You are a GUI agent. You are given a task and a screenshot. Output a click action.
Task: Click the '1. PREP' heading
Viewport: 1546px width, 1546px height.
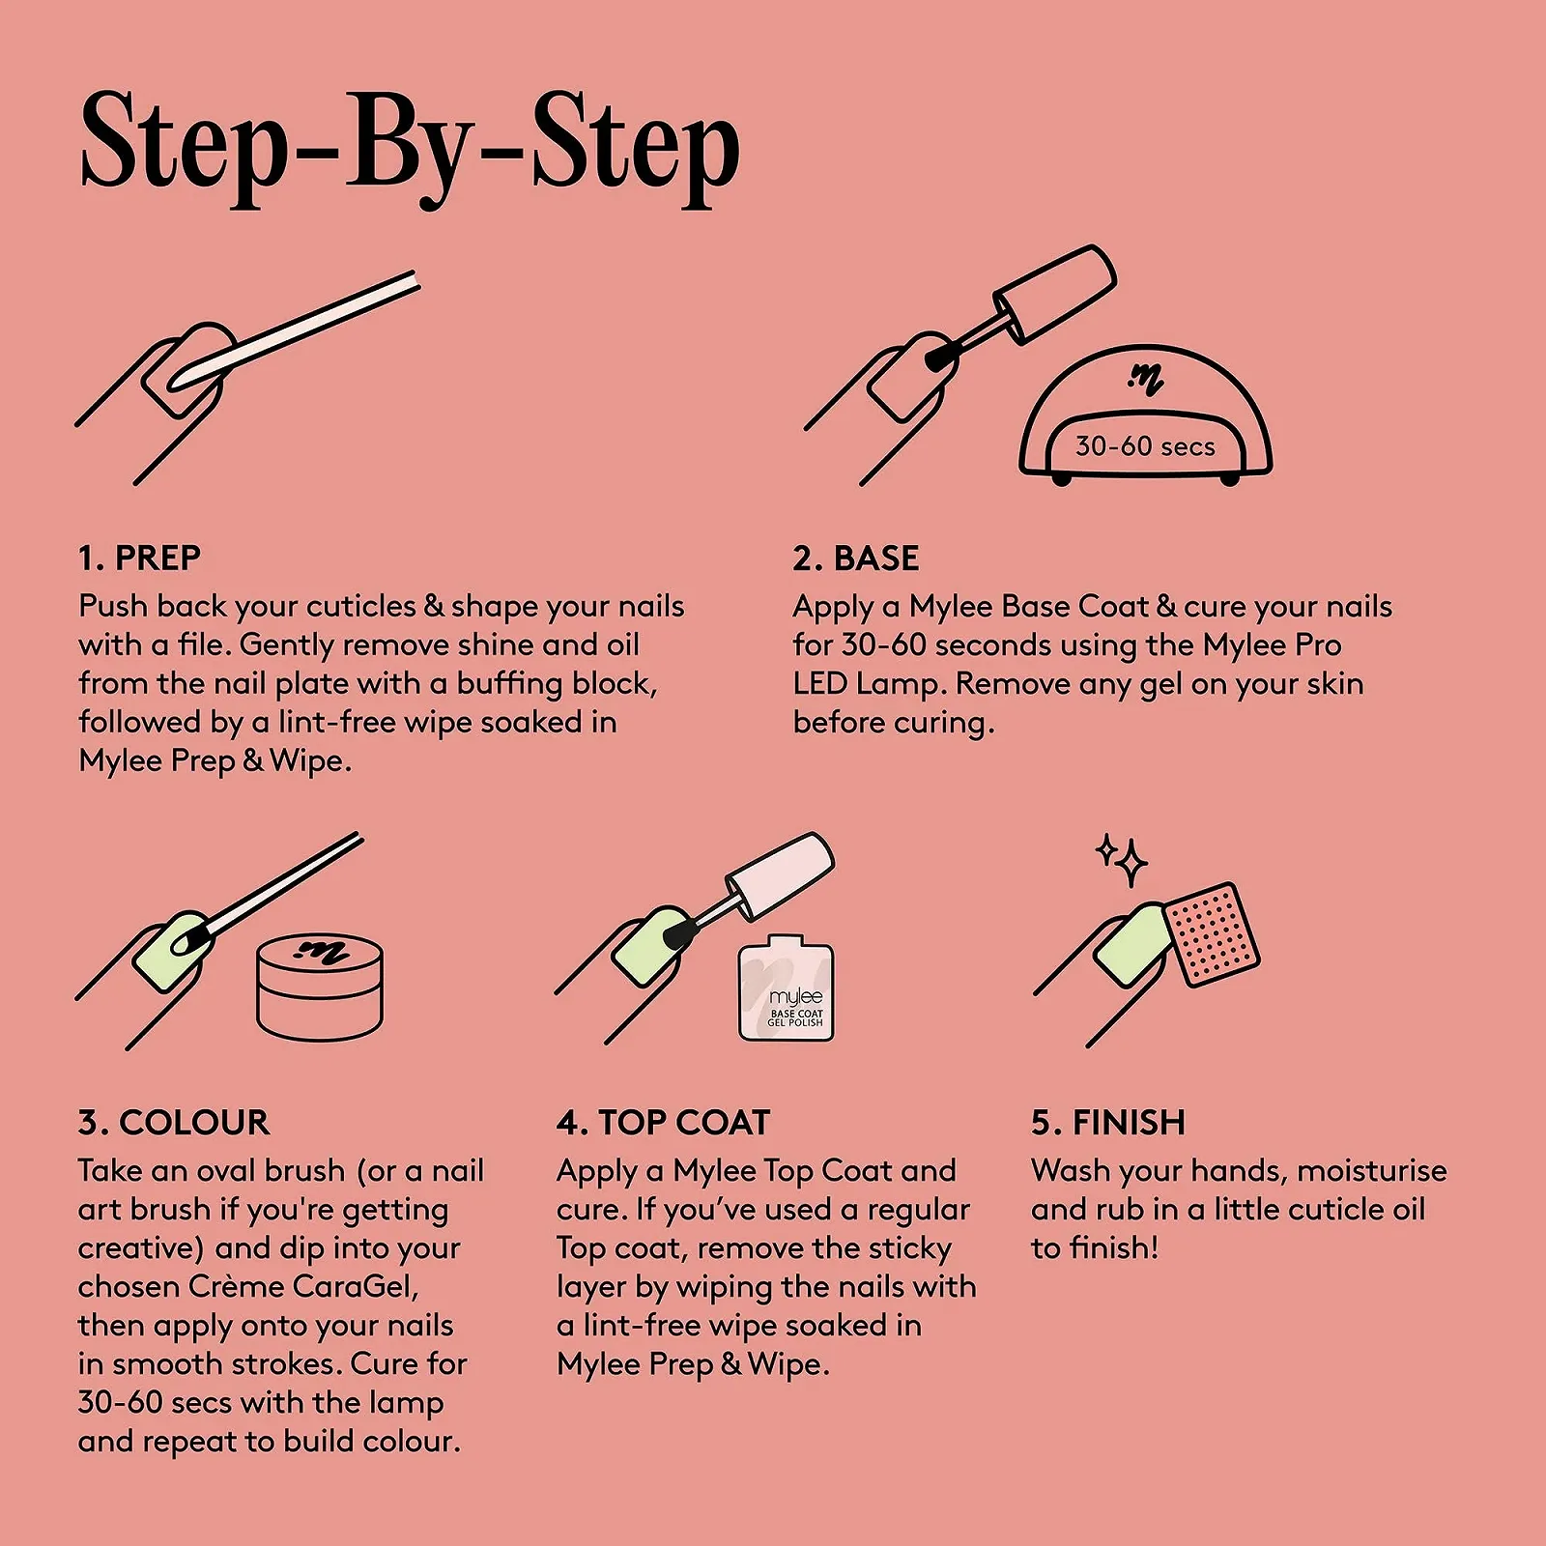coord(140,558)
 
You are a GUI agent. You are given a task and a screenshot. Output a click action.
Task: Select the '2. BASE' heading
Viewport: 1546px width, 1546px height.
coord(856,558)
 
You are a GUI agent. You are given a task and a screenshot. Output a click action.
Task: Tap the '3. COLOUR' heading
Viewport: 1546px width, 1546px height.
coord(174,1123)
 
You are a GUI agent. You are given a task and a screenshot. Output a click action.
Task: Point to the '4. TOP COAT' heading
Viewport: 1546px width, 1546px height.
coord(664,1123)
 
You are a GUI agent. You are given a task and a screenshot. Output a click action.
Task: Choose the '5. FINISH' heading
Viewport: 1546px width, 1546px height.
coord(1108,1123)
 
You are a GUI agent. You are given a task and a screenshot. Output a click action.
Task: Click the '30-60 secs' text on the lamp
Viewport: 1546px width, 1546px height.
coord(1145,446)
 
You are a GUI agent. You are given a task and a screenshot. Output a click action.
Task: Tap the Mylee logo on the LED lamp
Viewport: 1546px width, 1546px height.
coord(1146,380)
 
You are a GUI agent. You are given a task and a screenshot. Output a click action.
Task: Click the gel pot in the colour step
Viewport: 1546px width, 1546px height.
coord(320,988)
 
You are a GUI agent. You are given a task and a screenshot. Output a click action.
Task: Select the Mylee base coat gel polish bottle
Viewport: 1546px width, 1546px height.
coord(786,988)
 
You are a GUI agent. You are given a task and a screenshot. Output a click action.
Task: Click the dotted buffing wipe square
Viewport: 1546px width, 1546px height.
coord(1212,934)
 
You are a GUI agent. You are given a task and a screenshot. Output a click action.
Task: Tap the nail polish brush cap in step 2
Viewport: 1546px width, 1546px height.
coord(1056,293)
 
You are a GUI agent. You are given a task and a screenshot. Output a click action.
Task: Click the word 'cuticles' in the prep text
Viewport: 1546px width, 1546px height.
coord(361,607)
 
